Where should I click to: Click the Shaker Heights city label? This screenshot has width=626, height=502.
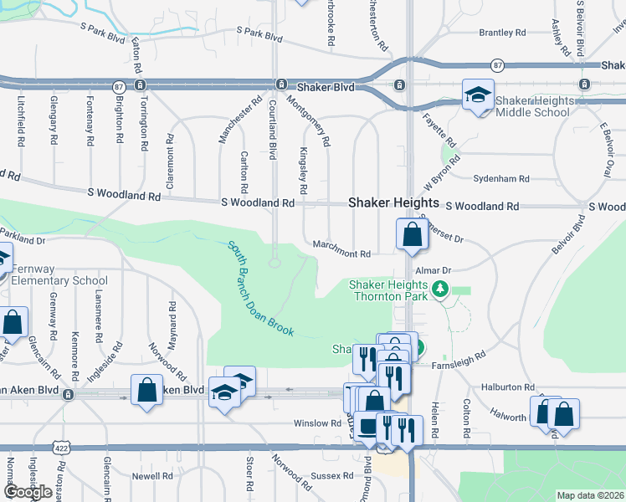click(393, 202)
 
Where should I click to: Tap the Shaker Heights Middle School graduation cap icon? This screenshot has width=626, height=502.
click(478, 95)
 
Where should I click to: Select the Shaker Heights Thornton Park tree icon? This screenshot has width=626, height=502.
click(441, 289)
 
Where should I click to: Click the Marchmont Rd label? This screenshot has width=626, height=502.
click(341, 254)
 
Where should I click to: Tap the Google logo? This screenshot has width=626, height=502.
click(28, 492)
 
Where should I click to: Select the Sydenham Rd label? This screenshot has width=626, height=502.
click(501, 179)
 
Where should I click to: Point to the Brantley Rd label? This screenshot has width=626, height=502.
click(501, 33)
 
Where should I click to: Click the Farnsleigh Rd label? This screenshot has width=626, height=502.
click(459, 358)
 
